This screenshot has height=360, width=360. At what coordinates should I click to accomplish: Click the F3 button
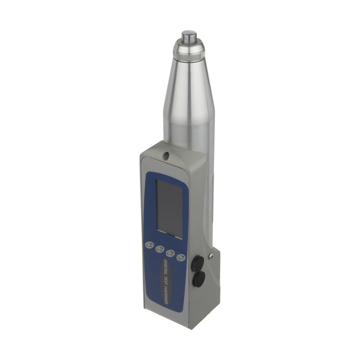point(159,249)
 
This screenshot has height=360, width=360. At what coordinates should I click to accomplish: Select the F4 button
point(149,245)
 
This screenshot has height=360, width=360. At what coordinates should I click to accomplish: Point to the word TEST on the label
point(170,283)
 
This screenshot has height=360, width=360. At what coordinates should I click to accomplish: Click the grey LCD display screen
point(169,209)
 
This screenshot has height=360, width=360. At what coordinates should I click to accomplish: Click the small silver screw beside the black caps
point(211,256)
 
